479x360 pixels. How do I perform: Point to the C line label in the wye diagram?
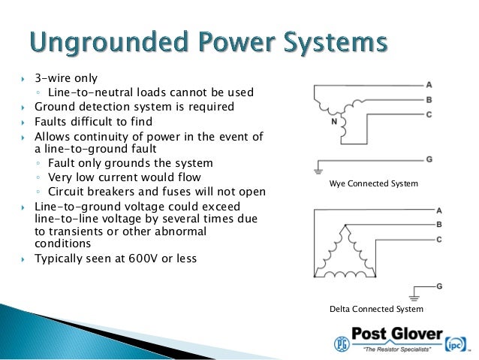429,113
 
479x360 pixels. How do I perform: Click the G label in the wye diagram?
429,159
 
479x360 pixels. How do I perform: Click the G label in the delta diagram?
438,286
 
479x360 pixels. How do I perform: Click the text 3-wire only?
66,77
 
